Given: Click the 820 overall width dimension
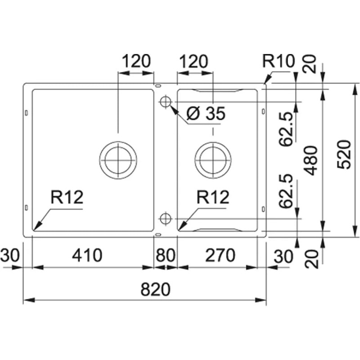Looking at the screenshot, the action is pos(155,289).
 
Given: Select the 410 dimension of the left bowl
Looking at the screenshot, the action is pos(87,255).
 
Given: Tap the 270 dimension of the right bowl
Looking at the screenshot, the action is pos(220,255).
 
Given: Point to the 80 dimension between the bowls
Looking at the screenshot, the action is pos(166,255).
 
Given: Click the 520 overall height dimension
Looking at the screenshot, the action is pos(344,154).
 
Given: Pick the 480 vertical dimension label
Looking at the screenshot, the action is pos(310,161).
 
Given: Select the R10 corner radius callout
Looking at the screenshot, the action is pos(278,61).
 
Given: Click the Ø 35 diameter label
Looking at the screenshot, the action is pos(206,113).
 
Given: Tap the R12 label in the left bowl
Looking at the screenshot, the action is pos(67,197).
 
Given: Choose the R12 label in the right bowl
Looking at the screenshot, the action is pos(213,197).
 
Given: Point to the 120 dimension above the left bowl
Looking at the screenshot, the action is pos(136,61).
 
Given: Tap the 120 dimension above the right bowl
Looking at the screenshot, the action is pos(193,61).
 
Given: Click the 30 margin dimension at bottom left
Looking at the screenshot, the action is pos(10,255).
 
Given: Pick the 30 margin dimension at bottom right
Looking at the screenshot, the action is pos(283,256).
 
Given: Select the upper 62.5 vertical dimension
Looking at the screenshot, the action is pos(286,129).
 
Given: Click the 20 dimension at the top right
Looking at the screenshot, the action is pos(310,64).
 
